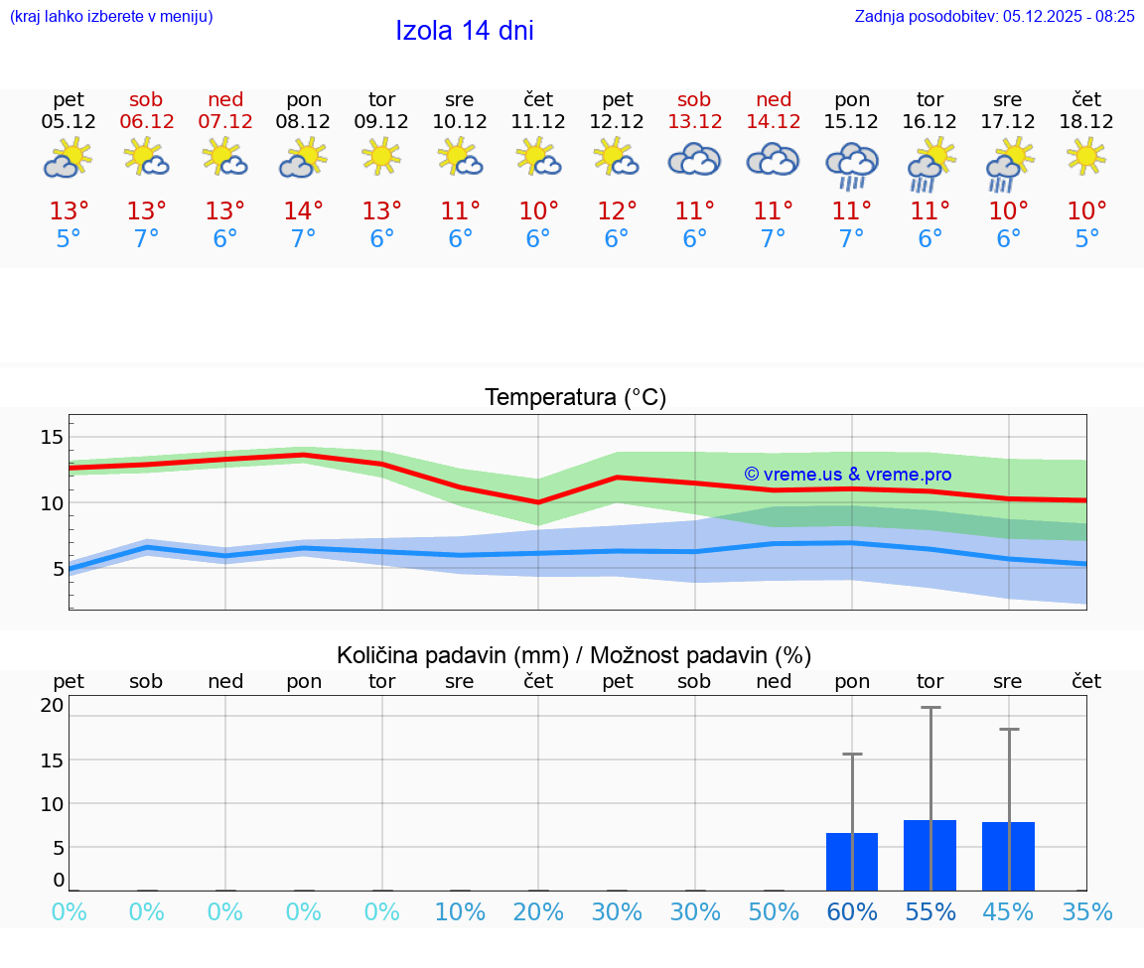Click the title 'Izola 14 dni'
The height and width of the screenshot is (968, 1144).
pos(464,31)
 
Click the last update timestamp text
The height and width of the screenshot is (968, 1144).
pos(994,16)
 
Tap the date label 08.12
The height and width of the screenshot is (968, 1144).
pos(303,121)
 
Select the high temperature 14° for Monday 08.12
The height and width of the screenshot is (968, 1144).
pos(303,211)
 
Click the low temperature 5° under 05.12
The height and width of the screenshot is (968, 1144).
pos(68,239)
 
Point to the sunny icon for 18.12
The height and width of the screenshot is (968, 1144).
pos(1086,157)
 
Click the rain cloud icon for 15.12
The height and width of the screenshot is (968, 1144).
pos(852,165)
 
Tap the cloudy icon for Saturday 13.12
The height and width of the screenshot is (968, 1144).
pos(694,159)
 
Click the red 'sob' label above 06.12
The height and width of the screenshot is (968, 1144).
pos(146,99)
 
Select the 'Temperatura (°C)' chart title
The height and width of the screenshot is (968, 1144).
pos(575,398)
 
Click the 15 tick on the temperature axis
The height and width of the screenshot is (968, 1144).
pos(53,437)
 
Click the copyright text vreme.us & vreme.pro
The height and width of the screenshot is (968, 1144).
pos(847,475)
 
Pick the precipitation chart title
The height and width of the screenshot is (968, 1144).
pos(574,655)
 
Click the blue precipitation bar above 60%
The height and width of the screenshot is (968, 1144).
pos(852,861)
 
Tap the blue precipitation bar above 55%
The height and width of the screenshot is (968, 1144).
pos(929,855)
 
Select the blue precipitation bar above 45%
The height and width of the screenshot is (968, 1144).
pos(1008,856)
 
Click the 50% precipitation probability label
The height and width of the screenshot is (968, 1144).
pos(773,912)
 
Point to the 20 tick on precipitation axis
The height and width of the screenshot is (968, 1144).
pos(53,705)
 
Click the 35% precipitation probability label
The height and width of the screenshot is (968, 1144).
pos(1086,912)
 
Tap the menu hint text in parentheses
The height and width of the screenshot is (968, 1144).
pos(111,16)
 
